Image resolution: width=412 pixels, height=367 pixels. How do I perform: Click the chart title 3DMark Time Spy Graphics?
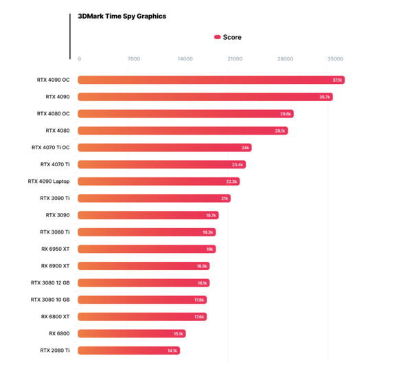pyautogui.click(x=122, y=16)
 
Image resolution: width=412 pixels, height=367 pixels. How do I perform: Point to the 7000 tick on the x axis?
pyautogui.click(x=134, y=59)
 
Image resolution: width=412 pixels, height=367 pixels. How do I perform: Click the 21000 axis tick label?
pyautogui.click(x=235, y=59)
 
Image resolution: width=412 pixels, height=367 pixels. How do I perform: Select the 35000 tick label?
pyautogui.click(x=335, y=59)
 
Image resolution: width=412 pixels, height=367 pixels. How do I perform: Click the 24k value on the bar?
pyautogui.click(x=245, y=148)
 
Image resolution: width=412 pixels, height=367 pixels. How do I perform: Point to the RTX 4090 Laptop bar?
pyautogui.click(x=159, y=181)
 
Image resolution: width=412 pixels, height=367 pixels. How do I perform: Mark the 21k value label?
pyautogui.click(x=225, y=199)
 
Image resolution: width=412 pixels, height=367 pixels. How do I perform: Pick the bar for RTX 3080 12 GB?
pyautogui.click(x=144, y=282)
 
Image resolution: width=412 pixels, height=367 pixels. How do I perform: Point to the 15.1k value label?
pyautogui.click(x=179, y=333)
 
